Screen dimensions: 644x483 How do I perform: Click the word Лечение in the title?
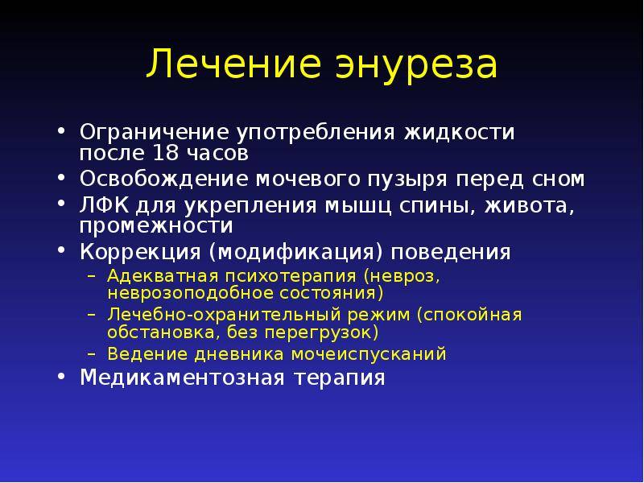233,63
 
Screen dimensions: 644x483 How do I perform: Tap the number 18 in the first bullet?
165,153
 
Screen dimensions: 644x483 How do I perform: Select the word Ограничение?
154,133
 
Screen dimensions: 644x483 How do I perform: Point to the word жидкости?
459,133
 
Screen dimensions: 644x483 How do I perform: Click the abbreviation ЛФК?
104,206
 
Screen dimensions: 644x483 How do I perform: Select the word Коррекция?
139,252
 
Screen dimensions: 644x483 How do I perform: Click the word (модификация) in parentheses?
295,253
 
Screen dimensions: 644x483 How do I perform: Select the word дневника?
239,354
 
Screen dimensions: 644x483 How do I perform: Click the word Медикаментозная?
183,378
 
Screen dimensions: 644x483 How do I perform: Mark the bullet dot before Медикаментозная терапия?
61,376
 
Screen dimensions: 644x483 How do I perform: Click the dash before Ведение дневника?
92,354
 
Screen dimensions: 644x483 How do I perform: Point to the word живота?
529,206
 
